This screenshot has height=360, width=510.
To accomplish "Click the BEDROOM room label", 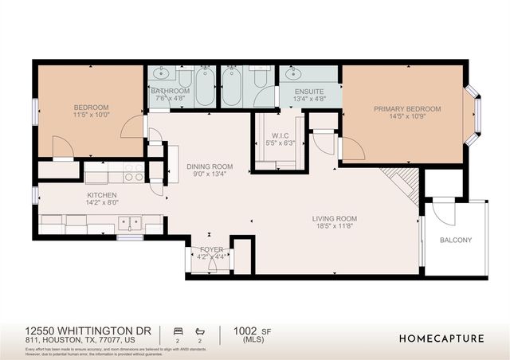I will point(92,108).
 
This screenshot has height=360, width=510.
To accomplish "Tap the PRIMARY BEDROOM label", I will point(402,108).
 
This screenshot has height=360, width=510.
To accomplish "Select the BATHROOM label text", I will point(171,92).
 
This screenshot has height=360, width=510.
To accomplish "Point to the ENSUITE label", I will point(309,92).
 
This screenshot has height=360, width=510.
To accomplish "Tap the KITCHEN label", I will point(102,195).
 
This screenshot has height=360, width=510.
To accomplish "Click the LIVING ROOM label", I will point(334,218).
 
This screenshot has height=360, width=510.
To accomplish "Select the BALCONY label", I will point(456,240).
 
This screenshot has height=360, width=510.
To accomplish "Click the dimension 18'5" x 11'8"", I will point(334,227).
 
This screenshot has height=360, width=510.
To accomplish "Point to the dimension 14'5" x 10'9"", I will point(402,116).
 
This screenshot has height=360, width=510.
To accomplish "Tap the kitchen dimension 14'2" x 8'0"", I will point(102,204).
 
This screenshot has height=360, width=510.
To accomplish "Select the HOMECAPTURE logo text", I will point(441,338).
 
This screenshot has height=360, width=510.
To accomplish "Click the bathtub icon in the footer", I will point(202,329).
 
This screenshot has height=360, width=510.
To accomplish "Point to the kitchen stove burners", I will point(134,171).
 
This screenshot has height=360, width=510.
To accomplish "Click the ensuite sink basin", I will point(291,74).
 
